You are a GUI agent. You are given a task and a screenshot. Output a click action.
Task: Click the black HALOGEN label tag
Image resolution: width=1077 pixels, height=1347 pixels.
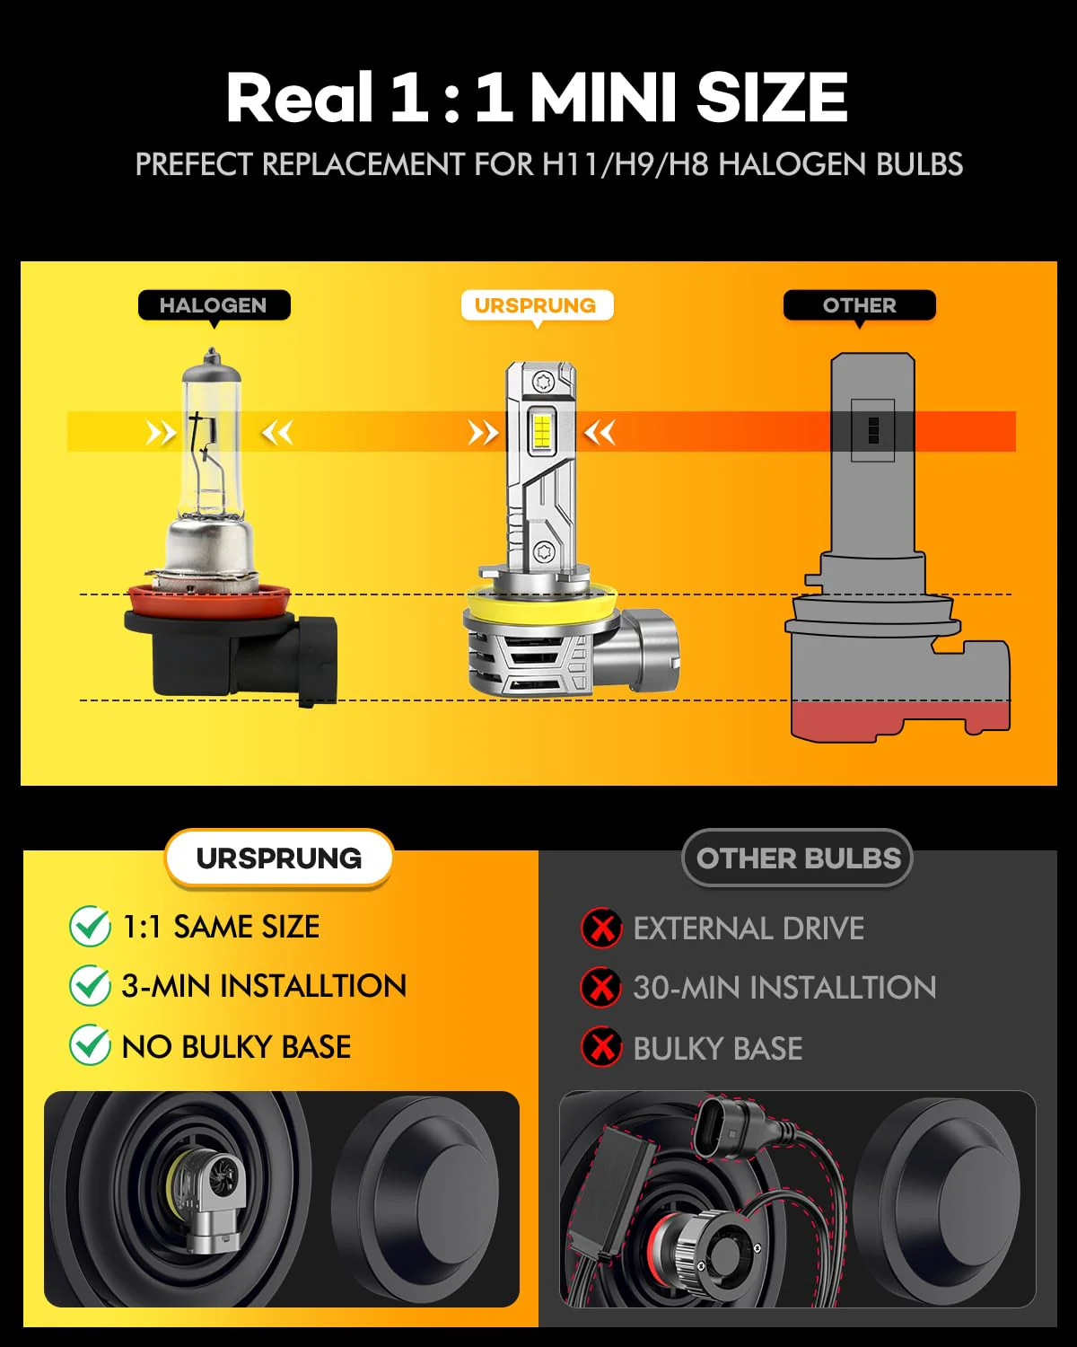coord(214,305)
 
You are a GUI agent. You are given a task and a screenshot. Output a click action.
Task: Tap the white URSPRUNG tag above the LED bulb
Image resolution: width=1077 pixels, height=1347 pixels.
coord(537,305)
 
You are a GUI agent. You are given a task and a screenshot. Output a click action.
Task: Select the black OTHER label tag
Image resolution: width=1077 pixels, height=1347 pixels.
coord(859,305)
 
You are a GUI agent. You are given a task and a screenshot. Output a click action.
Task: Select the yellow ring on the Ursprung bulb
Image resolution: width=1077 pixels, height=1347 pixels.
coord(542,603)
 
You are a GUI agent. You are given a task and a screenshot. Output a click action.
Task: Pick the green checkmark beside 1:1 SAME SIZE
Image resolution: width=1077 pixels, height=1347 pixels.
coord(90,927)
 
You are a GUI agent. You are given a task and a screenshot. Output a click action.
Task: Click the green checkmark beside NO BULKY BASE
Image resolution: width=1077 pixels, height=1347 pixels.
coord(90,1045)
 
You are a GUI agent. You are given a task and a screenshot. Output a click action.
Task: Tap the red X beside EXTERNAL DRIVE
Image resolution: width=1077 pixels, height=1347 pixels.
coord(601,928)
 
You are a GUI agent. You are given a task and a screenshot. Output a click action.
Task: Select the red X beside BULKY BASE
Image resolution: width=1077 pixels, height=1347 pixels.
coord(601,1046)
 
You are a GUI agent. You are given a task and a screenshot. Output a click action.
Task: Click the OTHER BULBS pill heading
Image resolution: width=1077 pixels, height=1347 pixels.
coord(798,858)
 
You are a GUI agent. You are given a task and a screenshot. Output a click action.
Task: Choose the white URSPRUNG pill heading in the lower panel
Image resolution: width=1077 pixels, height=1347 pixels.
coord(279,858)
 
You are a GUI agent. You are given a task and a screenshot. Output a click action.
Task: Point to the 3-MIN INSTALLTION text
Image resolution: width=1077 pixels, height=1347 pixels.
coord(264,986)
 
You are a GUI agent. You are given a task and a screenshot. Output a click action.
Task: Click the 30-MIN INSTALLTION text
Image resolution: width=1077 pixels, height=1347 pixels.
coord(784,988)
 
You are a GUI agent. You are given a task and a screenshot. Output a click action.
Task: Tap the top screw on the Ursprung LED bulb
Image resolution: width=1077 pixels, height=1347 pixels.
coord(542,381)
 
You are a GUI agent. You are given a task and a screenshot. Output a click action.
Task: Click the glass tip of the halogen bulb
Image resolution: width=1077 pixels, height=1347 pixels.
coord(212,357)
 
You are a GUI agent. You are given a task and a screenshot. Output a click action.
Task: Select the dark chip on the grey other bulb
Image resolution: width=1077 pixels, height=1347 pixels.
coord(873,430)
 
